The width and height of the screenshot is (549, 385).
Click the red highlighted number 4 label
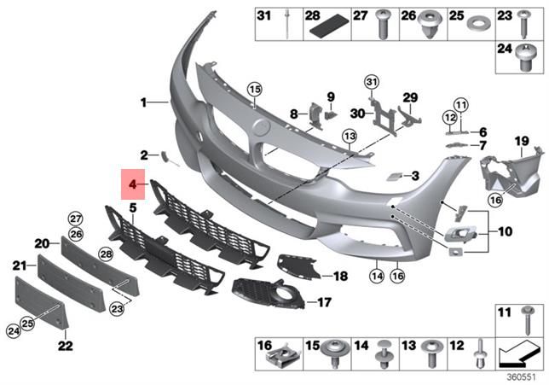pos(133,184)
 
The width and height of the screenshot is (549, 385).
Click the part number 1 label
pos(145,102)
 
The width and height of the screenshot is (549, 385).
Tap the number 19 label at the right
pos(521,140)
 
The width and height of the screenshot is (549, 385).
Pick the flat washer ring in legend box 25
pos(481,17)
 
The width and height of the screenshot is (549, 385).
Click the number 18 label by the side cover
pos(339,277)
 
